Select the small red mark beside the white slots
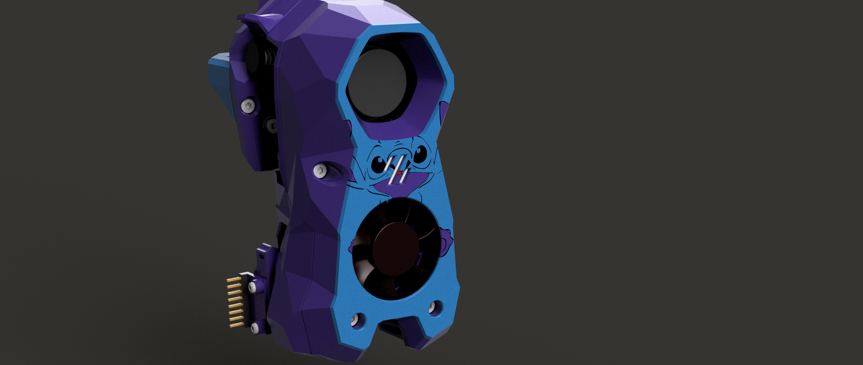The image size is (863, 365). (x=400, y=173)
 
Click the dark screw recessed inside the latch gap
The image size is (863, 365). (x=271, y=125)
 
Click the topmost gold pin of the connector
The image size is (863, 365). (x=233, y=280)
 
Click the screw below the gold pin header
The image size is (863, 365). (x=255, y=327)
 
